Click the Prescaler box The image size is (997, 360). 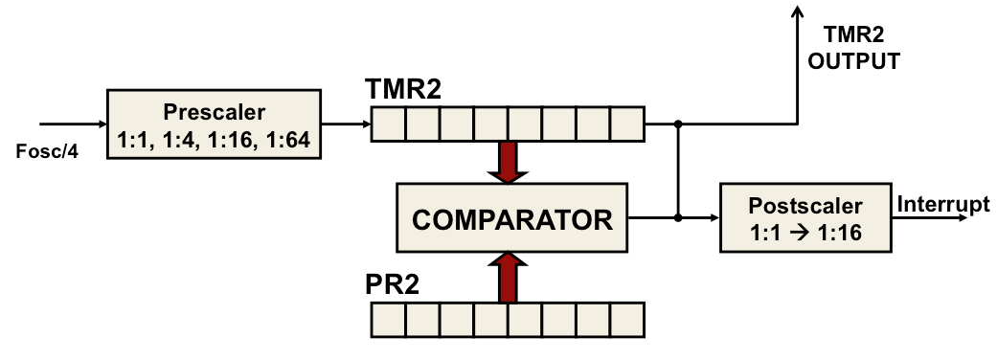point(213,124)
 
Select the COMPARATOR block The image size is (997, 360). point(511,219)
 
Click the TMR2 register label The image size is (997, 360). point(404,92)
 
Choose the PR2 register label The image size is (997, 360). point(393,284)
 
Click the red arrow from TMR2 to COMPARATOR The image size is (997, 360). point(509,162)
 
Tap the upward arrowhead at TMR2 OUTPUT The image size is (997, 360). point(796,11)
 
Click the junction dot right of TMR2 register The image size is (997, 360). point(678,124)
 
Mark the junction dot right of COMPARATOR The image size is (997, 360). point(678,218)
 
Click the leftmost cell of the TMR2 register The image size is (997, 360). point(389,124)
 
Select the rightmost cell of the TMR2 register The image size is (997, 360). point(627,124)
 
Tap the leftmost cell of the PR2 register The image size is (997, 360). point(389,318)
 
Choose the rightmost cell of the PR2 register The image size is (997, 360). point(627,318)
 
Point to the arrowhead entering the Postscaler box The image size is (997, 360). point(713,218)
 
